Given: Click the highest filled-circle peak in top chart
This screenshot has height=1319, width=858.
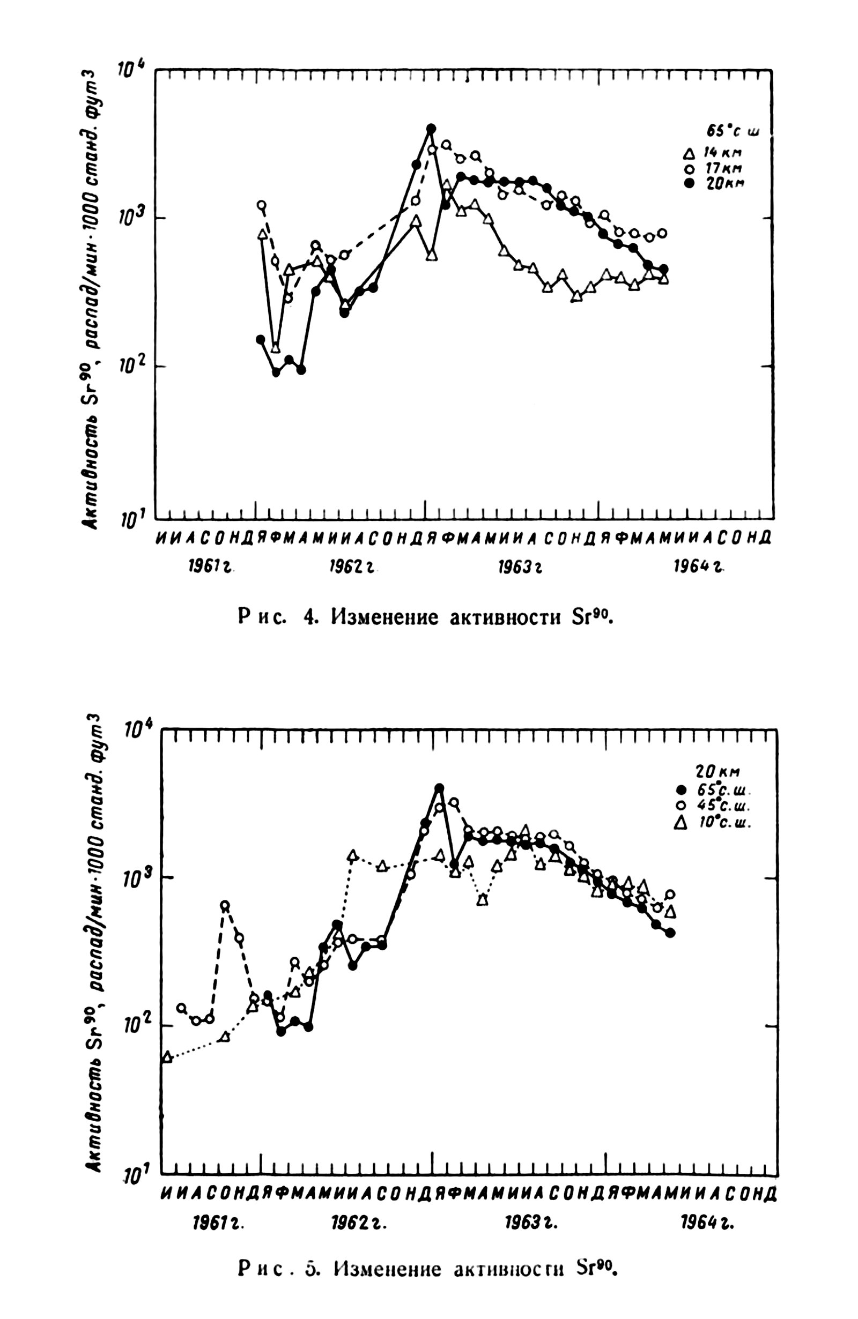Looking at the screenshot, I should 431,129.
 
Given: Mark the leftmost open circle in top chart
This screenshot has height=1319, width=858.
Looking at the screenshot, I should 261,205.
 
